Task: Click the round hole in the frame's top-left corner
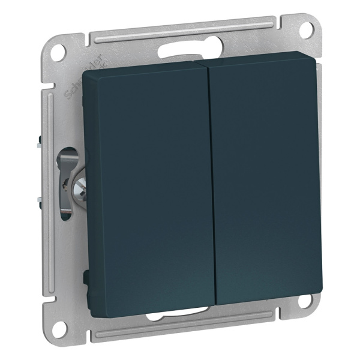pyautogui.click(x=57, y=51)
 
